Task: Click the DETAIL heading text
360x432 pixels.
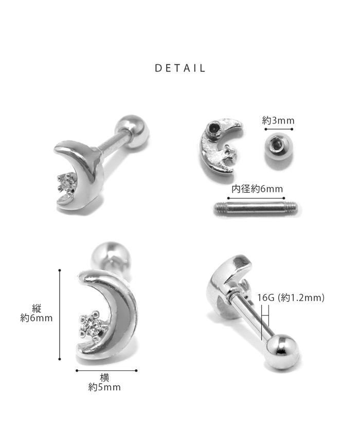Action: click(x=180, y=68)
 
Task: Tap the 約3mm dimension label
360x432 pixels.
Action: click(x=278, y=120)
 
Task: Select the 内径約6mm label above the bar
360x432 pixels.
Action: click(x=257, y=189)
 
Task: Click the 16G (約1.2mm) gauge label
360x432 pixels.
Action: click(x=291, y=298)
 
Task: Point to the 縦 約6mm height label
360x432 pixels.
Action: click(x=37, y=313)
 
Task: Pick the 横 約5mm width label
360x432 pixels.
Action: click(x=104, y=383)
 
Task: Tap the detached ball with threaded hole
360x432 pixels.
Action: click(x=278, y=147)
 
